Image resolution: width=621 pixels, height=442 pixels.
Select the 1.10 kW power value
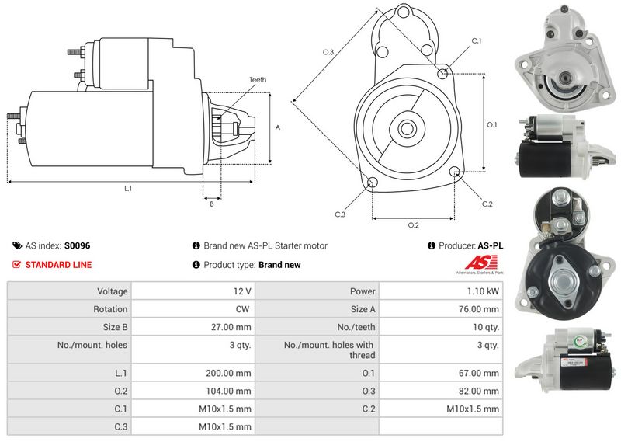tap(484, 291)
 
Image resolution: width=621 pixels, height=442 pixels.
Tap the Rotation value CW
tap(242, 309)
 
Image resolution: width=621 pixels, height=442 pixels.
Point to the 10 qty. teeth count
tap(487, 327)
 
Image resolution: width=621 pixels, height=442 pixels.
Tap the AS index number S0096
tap(77, 245)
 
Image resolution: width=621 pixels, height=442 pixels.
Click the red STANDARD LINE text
tap(58, 265)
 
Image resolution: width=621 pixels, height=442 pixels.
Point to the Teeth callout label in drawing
tap(258, 80)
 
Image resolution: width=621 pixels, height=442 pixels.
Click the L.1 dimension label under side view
tap(128, 189)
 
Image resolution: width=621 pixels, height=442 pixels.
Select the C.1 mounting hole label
tap(476, 40)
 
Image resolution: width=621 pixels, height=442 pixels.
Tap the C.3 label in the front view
tap(340, 214)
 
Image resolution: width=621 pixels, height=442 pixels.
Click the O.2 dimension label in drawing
tap(413, 225)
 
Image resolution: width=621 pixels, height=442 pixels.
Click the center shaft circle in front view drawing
tap(407, 128)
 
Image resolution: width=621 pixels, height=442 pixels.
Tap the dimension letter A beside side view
tap(278, 127)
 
